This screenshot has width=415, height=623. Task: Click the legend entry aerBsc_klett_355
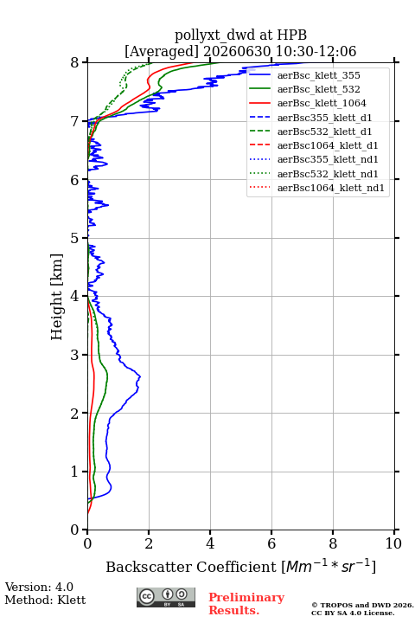pyautogui.click(x=318, y=75)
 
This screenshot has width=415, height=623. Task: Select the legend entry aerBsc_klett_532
pyautogui.click(x=318, y=89)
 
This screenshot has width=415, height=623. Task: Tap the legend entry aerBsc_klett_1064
pyautogui.click(x=322, y=103)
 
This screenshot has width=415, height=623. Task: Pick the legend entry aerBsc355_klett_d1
pyautogui.click(x=324, y=118)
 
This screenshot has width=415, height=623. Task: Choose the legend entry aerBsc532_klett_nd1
pyautogui.click(x=328, y=174)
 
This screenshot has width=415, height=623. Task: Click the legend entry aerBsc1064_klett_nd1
pyautogui.click(x=331, y=188)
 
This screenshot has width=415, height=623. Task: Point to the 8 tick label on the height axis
pyautogui.click(x=75, y=63)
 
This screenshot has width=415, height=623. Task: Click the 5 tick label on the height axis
pyautogui.click(x=75, y=238)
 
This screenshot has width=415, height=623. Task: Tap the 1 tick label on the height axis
pyautogui.click(x=75, y=472)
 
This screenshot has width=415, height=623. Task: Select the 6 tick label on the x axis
pyautogui.click(x=271, y=543)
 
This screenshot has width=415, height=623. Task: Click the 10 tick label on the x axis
pyautogui.click(x=393, y=543)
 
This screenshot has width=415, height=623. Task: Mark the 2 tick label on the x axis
pyautogui.click(x=149, y=543)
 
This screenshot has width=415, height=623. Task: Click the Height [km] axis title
pyautogui.click(x=56, y=297)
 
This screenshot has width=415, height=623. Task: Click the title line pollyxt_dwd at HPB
pyautogui.click(x=240, y=35)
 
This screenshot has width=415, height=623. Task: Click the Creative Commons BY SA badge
pyautogui.click(x=166, y=598)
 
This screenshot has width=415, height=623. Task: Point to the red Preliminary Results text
pyautogui.click(x=246, y=604)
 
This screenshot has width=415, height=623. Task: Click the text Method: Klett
pyautogui.click(x=45, y=600)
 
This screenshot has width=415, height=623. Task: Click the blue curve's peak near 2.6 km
pyautogui.click(x=140, y=376)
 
